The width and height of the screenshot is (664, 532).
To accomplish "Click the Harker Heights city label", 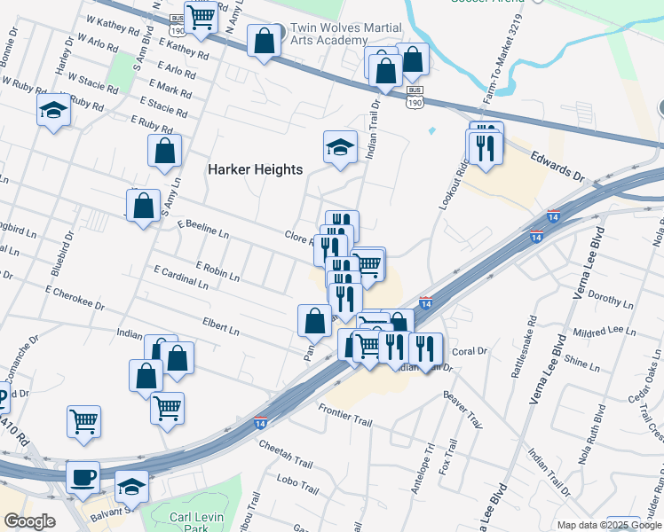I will [x=255, y=169].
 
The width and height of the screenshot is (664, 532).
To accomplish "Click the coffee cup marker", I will [x=84, y=476].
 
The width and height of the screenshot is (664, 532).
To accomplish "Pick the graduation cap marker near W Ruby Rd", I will [x=54, y=110].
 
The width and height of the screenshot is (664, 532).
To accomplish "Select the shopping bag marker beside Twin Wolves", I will [x=265, y=40].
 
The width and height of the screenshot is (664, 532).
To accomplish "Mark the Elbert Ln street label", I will [x=221, y=326].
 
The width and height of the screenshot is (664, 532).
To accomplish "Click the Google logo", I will [x=29, y=521].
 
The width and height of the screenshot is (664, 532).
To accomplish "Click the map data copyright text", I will [x=609, y=524].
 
